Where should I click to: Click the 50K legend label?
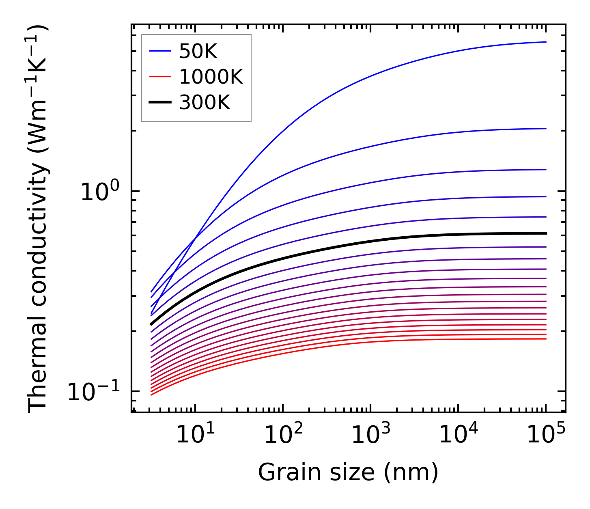198,51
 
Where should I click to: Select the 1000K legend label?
211,77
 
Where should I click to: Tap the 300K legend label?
205,103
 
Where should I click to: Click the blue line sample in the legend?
160,51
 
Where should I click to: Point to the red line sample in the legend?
160,77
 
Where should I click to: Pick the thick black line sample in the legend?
160,103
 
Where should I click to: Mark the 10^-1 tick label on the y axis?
94,391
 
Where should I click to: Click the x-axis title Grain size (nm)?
348,472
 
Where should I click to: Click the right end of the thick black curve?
546,233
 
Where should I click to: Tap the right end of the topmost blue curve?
546,42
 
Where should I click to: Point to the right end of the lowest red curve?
546,339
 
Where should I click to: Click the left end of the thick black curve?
151,324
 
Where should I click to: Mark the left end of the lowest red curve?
151,395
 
